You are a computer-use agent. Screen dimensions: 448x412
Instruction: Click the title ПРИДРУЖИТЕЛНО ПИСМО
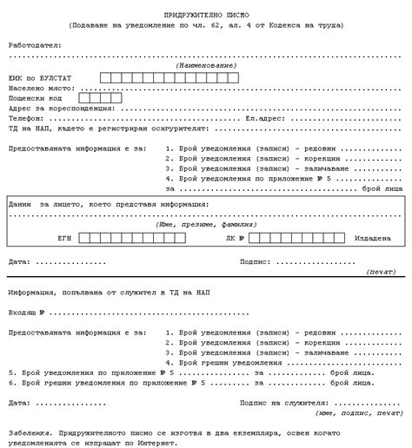tap(206, 16)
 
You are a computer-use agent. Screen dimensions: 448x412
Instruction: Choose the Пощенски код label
tap(36, 98)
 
